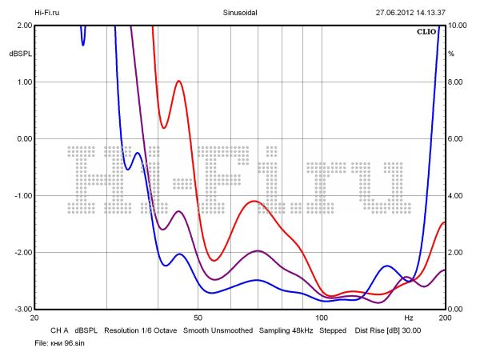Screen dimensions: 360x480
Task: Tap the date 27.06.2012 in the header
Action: coord(398,13)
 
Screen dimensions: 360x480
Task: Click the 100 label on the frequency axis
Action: coord(322,318)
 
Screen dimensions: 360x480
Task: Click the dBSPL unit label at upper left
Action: coord(20,54)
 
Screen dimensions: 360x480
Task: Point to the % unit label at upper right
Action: coord(451,54)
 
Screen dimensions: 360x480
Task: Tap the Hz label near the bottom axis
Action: coord(409,318)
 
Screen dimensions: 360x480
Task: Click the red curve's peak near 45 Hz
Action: coord(178,81)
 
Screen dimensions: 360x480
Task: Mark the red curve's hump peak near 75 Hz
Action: coord(255,202)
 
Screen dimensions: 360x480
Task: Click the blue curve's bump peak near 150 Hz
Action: coord(387,266)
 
